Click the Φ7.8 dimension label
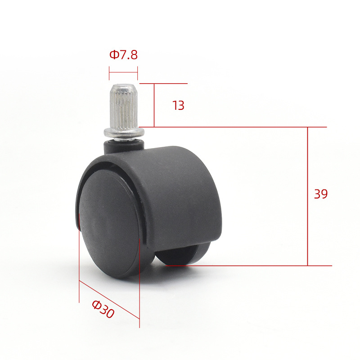coord(123,55)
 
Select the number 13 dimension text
coord(178,106)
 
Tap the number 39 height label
coord(321,194)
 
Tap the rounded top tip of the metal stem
coord(123,85)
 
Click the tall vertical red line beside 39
coord(308,196)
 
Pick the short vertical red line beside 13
coord(154,105)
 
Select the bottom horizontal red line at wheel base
coord(247,265)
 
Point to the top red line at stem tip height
coord(163,83)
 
